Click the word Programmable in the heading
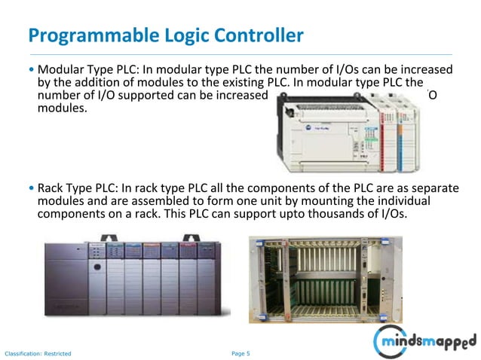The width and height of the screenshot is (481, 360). pyautogui.click(x=80, y=35)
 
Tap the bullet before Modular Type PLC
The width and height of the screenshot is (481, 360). pyautogui.click(x=31, y=68)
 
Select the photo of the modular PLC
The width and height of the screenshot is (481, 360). pyautogui.click(x=348, y=124)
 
